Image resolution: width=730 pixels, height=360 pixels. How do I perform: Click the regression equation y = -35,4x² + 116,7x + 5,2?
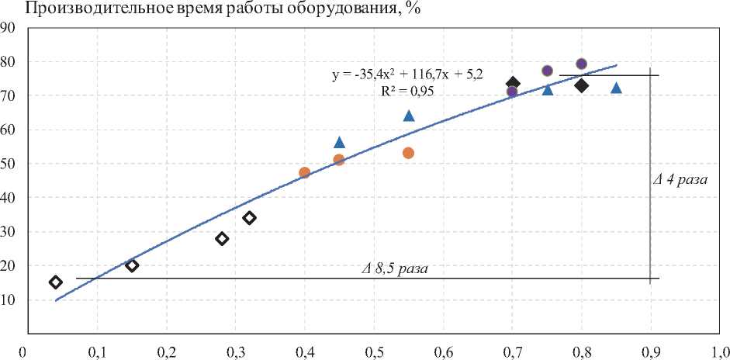point(409,75)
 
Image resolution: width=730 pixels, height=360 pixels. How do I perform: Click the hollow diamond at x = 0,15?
point(132,265)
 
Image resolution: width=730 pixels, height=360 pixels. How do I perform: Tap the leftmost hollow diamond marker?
point(56,282)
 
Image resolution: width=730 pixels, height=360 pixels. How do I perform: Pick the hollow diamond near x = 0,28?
point(222,238)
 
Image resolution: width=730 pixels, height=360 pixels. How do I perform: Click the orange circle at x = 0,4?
point(305,172)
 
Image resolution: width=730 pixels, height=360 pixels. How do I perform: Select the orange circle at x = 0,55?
point(409,153)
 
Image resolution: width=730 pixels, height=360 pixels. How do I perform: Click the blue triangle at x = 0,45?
point(339,142)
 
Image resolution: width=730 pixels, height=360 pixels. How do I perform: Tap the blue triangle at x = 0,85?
point(616,88)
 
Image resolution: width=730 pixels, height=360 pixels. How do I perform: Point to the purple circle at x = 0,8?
point(582,64)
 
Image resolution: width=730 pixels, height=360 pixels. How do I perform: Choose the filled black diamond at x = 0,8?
point(582,85)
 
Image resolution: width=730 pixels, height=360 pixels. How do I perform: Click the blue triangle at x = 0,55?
point(409,116)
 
